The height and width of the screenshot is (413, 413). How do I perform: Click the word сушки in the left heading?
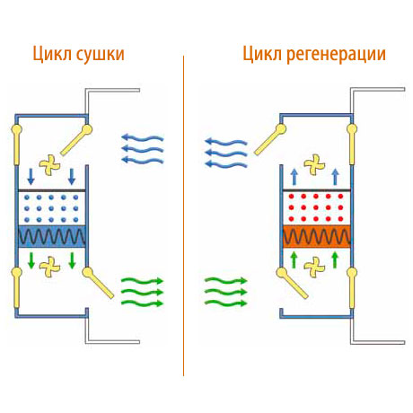pyautogui.click(x=100, y=55)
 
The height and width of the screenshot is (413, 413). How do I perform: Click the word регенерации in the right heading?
pyautogui.click(x=336, y=55)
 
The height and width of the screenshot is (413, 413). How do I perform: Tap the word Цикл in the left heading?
pyautogui.click(x=52, y=54)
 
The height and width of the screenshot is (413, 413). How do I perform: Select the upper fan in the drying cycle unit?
pyautogui.click(x=49, y=164)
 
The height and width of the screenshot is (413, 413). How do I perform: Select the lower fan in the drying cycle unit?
pyautogui.click(x=49, y=267)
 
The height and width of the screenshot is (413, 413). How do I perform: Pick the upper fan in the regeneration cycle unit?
pyautogui.click(x=314, y=164)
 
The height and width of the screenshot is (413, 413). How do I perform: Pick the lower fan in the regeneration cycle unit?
pyautogui.click(x=314, y=267)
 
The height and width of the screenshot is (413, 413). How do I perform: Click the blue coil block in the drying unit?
pyautogui.click(x=52, y=236)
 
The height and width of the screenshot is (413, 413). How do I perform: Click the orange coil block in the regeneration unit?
pyautogui.click(x=316, y=236)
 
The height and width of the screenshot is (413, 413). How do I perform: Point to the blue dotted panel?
pyautogui.click(x=52, y=208)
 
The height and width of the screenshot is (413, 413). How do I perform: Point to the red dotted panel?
pyautogui.click(x=316, y=207)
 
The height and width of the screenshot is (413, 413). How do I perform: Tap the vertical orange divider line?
pyautogui.click(x=183, y=215)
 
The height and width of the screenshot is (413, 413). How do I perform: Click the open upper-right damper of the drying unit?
pyautogui.click(x=76, y=140)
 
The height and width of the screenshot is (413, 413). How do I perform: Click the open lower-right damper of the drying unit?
pyautogui.click(x=98, y=283)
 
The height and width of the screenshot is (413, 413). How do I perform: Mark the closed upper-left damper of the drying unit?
pyautogui.click(x=16, y=145)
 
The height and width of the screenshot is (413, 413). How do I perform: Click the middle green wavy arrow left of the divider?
pyautogui.click(x=142, y=293)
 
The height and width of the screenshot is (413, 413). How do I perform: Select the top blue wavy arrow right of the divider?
pyautogui.click(x=226, y=141)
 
